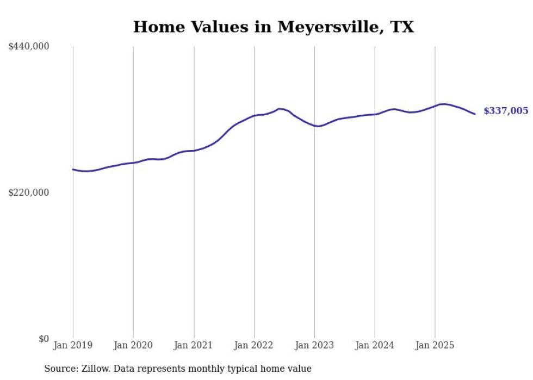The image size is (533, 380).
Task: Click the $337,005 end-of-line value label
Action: pos(505,111)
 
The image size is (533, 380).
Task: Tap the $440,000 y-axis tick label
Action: pos(29,47)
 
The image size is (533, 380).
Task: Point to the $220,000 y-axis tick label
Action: pos(29,192)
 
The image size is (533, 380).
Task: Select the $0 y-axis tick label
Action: pos(44,339)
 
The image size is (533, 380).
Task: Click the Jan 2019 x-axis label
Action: pos(73,345)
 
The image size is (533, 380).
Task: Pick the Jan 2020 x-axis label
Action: pos(133,345)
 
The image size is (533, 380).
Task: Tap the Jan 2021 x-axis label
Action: pos(194,345)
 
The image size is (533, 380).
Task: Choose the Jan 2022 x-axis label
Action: pos(254,345)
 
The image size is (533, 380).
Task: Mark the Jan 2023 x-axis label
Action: pos(314,345)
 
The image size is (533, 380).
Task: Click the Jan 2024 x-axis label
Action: pos(375,345)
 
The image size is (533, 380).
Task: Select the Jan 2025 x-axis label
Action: pos(435,345)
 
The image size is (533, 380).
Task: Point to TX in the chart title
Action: pos(402,27)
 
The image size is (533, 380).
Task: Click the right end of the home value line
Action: pos(475,114)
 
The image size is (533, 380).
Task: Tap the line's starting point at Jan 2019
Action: pos(73,170)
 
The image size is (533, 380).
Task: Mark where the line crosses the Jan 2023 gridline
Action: pos(314,126)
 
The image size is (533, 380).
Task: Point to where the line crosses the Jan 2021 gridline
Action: pos(194,151)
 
